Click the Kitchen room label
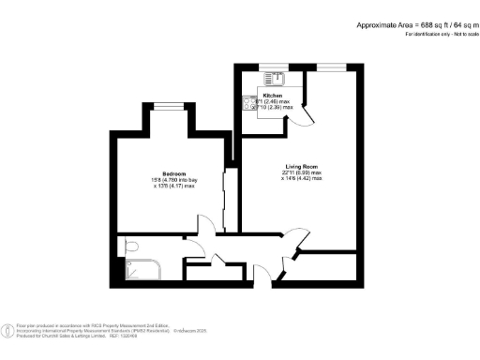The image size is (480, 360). coord(273,96)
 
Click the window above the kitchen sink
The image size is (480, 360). coord(275,67)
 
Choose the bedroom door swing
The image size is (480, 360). coord(207,226)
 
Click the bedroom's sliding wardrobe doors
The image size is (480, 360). coord(225,196)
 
